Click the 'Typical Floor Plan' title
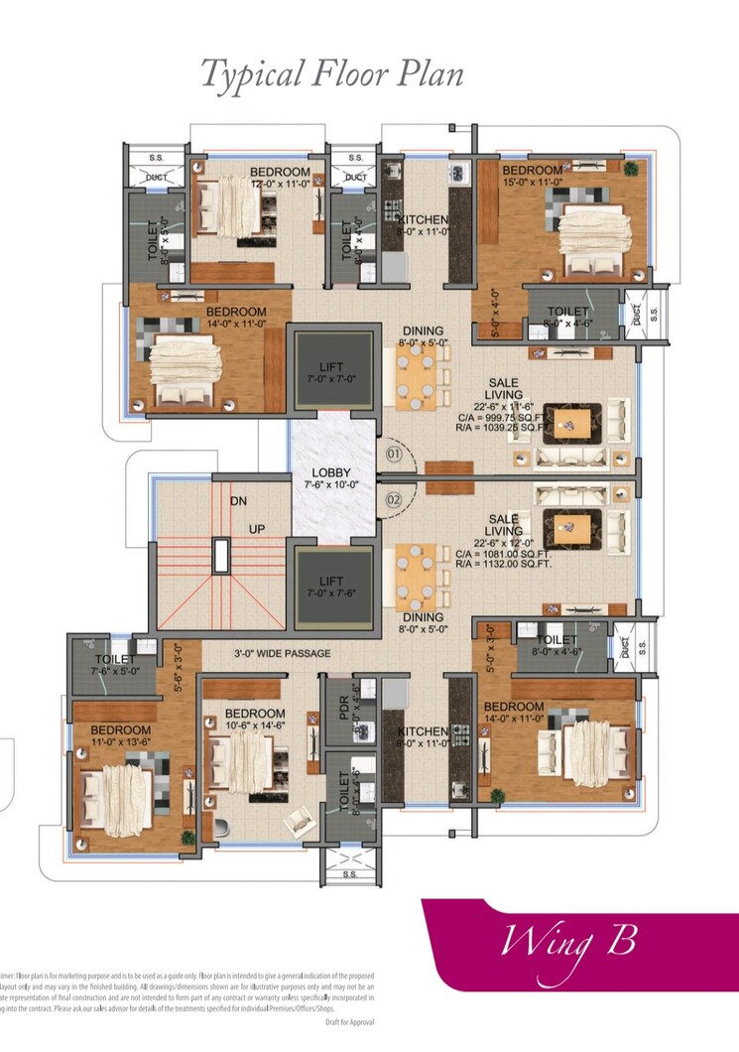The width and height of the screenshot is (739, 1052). [332, 74]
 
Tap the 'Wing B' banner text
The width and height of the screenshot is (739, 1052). [568, 940]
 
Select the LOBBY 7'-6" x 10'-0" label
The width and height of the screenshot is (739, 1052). [333, 479]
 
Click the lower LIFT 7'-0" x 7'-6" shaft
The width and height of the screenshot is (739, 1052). [332, 587]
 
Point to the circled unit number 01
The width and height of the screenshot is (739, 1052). [393, 455]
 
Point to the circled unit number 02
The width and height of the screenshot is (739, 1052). [393, 499]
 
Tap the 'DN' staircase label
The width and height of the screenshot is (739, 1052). [238, 502]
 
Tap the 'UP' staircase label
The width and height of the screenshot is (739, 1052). [256, 529]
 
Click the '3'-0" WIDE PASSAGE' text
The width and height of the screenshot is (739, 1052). [282, 653]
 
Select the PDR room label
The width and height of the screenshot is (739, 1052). [343, 707]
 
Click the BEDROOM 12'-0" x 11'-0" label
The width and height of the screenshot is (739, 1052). [280, 178]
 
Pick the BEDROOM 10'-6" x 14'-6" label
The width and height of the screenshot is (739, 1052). [255, 720]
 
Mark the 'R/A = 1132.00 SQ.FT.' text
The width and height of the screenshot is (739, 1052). [503, 563]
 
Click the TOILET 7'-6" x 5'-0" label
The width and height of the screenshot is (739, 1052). [116, 665]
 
